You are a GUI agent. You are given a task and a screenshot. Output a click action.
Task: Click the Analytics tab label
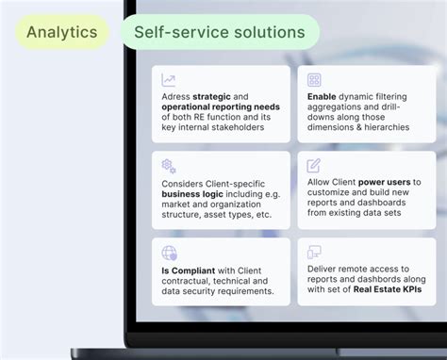click(x=61, y=33)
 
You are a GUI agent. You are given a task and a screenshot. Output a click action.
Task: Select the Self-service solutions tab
click(x=219, y=33)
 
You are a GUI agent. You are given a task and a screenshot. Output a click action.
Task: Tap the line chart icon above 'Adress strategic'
click(x=169, y=80)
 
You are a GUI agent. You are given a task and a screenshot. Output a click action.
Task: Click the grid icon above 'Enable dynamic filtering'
click(x=314, y=80)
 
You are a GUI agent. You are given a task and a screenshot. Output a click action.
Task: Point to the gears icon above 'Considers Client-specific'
click(x=169, y=166)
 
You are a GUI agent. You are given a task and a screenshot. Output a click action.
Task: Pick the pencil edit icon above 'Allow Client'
click(x=314, y=166)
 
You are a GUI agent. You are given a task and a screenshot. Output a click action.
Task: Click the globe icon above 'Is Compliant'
click(x=169, y=253)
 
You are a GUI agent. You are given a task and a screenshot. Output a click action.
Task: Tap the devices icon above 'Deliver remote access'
click(x=314, y=253)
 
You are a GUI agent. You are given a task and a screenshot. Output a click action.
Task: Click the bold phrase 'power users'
click(x=381, y=182)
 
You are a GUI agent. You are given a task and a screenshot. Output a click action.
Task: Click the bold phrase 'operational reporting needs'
click(x=213, y=108)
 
